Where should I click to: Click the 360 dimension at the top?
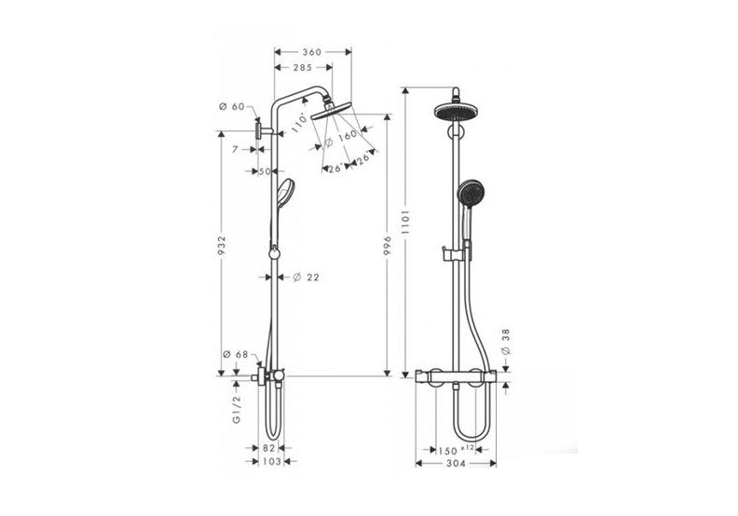[x=310, y=52]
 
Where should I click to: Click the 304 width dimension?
[x=457, y=463]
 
